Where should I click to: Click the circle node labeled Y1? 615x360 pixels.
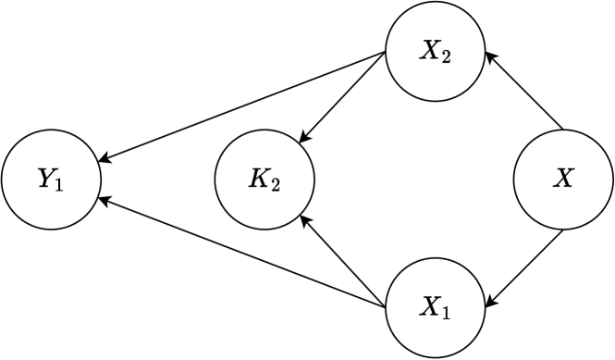coord(52,180)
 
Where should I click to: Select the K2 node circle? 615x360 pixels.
coord(264,180)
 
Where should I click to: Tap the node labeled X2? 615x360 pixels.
coord(434,54)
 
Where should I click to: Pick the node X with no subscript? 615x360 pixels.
coord(562,180)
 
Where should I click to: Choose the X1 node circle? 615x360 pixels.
coord(434,305)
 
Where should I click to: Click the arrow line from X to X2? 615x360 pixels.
coord(524,92)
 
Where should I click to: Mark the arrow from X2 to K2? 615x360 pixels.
coord(343,97)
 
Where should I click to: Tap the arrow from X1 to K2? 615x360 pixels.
coord(343,262)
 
